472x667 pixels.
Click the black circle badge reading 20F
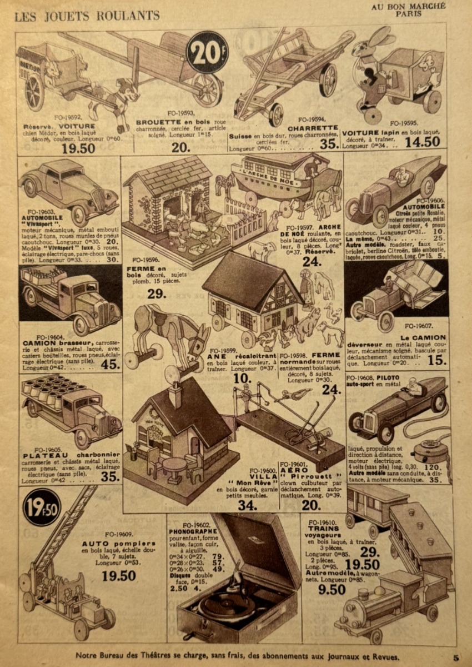207,52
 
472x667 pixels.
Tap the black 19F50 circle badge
42,506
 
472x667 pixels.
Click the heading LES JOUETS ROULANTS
87,16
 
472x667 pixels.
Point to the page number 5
456,658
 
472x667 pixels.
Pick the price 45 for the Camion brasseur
110,364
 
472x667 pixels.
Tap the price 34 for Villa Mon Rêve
247,505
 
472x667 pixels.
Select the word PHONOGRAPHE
189,531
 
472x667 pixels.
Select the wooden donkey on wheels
167,333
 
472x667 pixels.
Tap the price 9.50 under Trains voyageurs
332,589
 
